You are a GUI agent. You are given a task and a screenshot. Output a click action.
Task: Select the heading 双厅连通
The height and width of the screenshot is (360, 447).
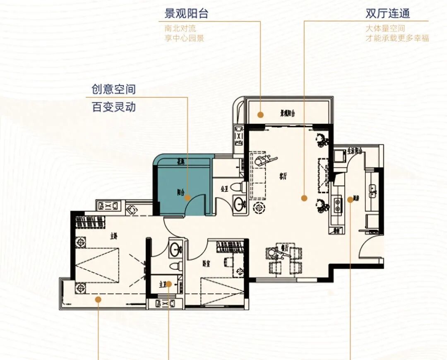pos(387,13)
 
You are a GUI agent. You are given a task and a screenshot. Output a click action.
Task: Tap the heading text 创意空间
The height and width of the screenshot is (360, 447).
pos(113,89)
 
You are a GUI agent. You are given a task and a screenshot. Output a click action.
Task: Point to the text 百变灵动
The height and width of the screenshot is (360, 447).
pos(113,107)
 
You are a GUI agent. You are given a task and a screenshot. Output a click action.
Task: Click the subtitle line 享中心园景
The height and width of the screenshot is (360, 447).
pos(184,38)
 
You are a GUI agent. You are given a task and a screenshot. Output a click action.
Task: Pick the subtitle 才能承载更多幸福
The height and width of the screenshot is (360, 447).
pos(397,38)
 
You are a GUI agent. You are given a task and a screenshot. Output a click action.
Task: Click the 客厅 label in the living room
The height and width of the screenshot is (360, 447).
pos(283,176)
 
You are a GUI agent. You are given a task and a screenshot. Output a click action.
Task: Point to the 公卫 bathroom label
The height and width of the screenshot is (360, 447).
pos(225,189)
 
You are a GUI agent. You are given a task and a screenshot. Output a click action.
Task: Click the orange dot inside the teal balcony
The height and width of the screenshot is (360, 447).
pos(187,198)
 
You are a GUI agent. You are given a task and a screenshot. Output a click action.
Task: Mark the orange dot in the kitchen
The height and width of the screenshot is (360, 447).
pos(350,200)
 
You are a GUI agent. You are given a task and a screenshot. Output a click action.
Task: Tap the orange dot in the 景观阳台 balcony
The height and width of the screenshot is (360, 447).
pos(260,115)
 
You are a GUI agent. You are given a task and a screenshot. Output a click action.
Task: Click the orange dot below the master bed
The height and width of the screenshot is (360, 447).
pos(98,299)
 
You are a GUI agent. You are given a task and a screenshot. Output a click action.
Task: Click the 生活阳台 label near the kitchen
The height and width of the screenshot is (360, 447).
pos(355,151)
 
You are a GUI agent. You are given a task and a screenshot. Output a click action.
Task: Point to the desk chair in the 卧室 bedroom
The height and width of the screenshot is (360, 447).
pos(227,262)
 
